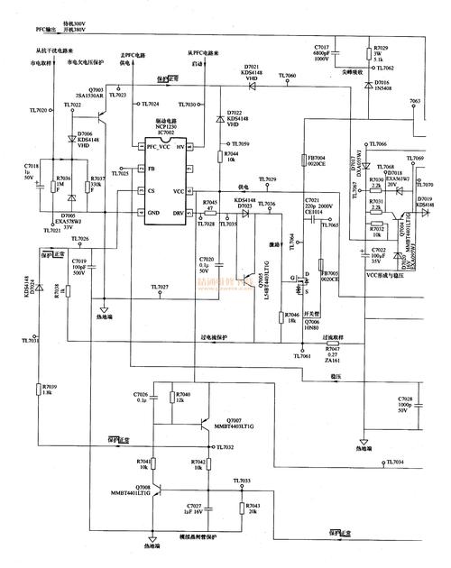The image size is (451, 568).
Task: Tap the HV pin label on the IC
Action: pos(180,146)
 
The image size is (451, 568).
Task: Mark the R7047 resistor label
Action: pos(330,349)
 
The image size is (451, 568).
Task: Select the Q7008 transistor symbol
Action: pos(157,491)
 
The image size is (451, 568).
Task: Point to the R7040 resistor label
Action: pos(183,395)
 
